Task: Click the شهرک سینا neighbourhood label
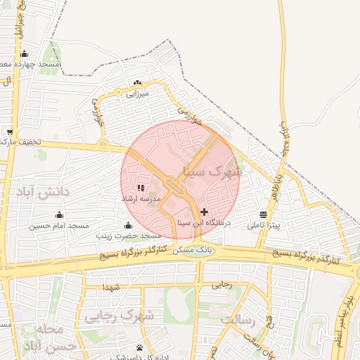point(212,171)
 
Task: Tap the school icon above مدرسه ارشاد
point(140,188)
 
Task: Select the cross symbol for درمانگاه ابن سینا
point(205,212)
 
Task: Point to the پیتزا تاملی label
point(264,226)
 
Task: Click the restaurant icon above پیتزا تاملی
point(263,214)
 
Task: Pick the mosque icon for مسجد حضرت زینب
point(128,226)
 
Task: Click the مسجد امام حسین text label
point(59,226)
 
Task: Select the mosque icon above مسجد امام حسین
point(59,215)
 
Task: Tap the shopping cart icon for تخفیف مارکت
point(10,131)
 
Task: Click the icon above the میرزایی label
point(137,82)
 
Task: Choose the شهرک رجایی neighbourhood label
point(119,316)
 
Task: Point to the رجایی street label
point(221,285)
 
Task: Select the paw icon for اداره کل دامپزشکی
point(140,347)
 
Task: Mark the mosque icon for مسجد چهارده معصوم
point(25,54)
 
